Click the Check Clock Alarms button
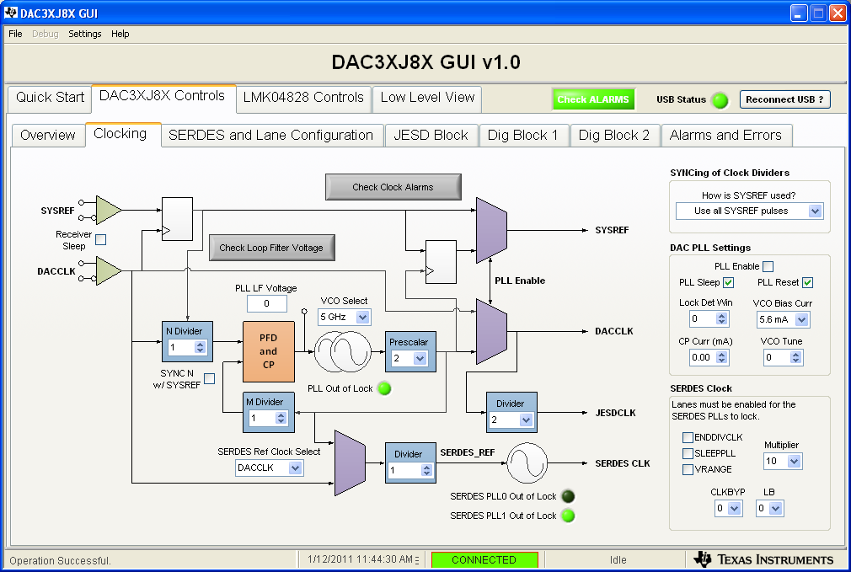point(393,187)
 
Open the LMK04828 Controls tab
point(303,98)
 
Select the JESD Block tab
point(431,135)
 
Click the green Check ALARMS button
point(593,99)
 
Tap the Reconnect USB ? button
point(784,99)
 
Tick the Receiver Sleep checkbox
point(101,239)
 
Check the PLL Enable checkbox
point(768,266)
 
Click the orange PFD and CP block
point(268,351)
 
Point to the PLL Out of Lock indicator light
point(384,388)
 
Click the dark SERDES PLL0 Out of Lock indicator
point(568,496)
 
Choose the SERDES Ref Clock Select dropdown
point(269,468)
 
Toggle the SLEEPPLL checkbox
point(688,453)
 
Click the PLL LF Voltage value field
point(266,303)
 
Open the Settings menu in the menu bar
point(84,34)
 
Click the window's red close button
point(837,13)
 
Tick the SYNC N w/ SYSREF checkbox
point(209,379)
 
